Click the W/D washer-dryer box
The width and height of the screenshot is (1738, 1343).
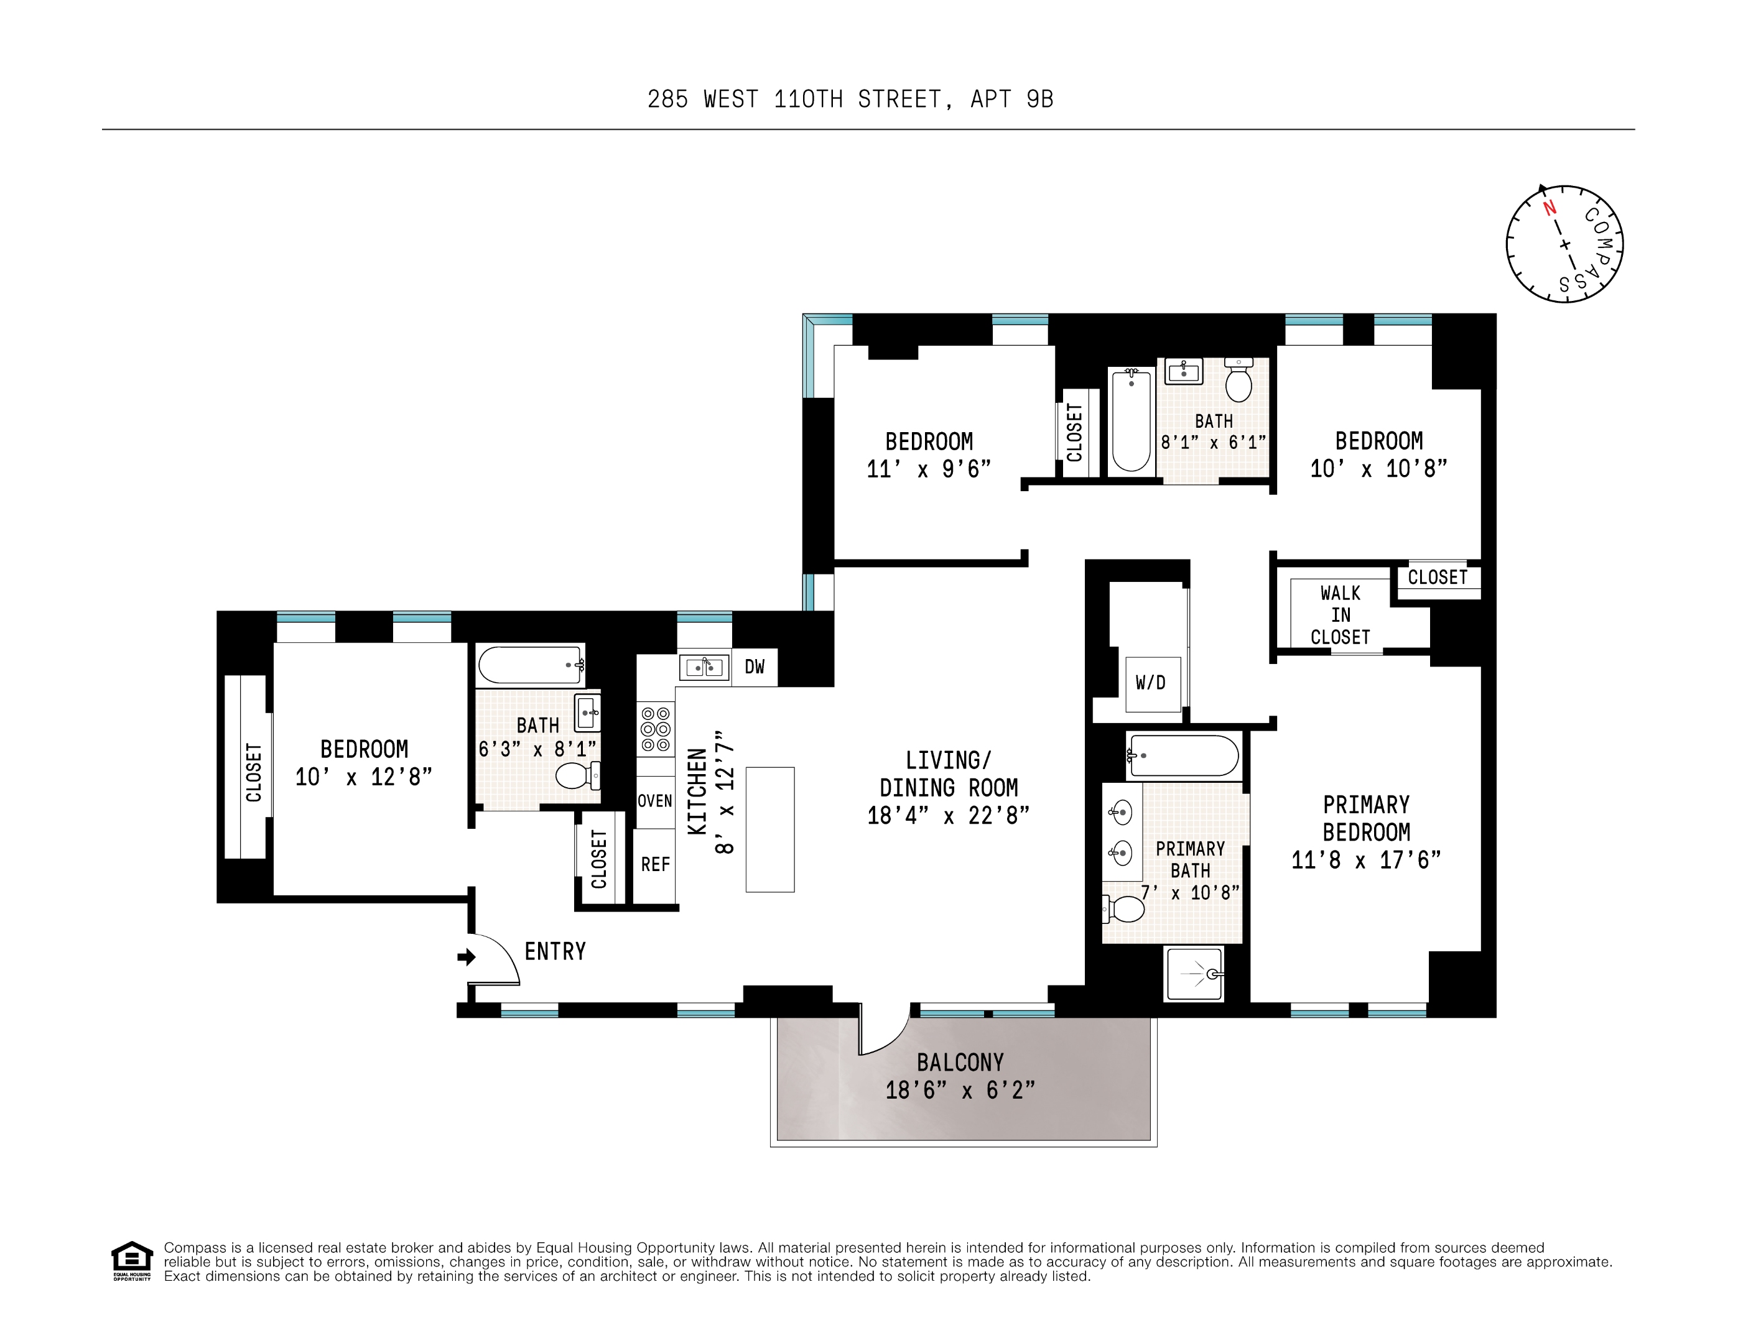1152,683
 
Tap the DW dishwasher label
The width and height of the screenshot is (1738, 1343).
754,667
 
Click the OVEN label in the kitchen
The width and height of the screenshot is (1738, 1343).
655,800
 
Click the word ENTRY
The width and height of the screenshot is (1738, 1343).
555,951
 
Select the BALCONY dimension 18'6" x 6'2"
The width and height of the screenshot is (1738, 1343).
960,1090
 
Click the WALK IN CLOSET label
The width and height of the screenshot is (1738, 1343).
1341,615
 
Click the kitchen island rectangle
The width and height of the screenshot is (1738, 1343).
769,829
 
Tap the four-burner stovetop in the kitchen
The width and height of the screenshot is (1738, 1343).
656,729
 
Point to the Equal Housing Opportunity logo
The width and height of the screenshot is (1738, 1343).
131,1261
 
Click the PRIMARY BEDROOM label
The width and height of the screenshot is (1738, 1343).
1367,819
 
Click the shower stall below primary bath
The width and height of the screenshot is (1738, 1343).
1194,974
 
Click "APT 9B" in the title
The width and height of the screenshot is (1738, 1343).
1012,99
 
